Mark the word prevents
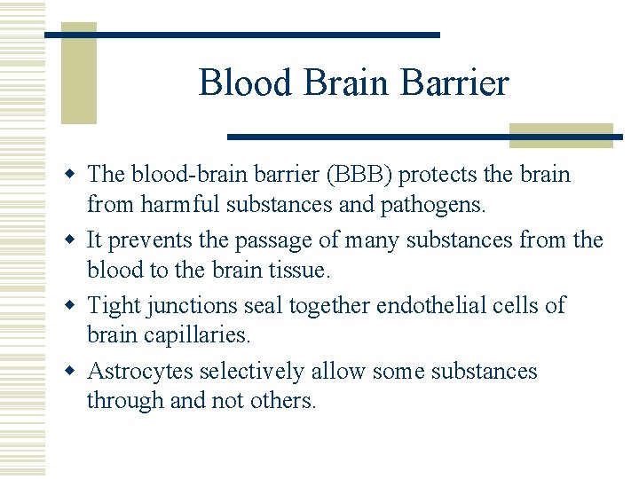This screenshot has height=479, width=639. [x=147, y=239]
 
